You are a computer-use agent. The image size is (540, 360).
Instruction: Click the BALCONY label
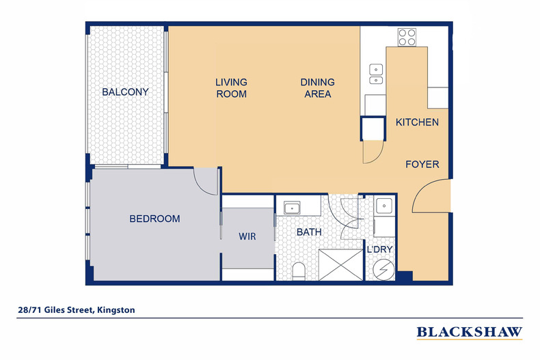[125, 92]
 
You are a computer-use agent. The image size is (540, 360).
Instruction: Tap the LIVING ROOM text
[231, 88]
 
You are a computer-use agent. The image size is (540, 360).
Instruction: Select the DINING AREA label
[316, 88]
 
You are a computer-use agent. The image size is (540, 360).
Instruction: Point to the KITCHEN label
[417, 122]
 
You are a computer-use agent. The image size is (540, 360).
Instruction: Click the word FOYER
[422, 165]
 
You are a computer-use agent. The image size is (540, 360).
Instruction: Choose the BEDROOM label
[155, 219]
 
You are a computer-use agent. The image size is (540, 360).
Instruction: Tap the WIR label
[247, 236]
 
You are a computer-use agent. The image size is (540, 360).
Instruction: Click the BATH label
[309, 232]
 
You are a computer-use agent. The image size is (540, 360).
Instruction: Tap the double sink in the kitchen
[375, 74]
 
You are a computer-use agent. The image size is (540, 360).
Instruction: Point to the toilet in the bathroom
[298, 271]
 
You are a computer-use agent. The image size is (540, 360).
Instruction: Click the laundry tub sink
[383, 204]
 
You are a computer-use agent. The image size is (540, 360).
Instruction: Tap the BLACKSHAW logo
[470, 332]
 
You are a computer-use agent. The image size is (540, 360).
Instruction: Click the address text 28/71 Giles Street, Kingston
[77, 310]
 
